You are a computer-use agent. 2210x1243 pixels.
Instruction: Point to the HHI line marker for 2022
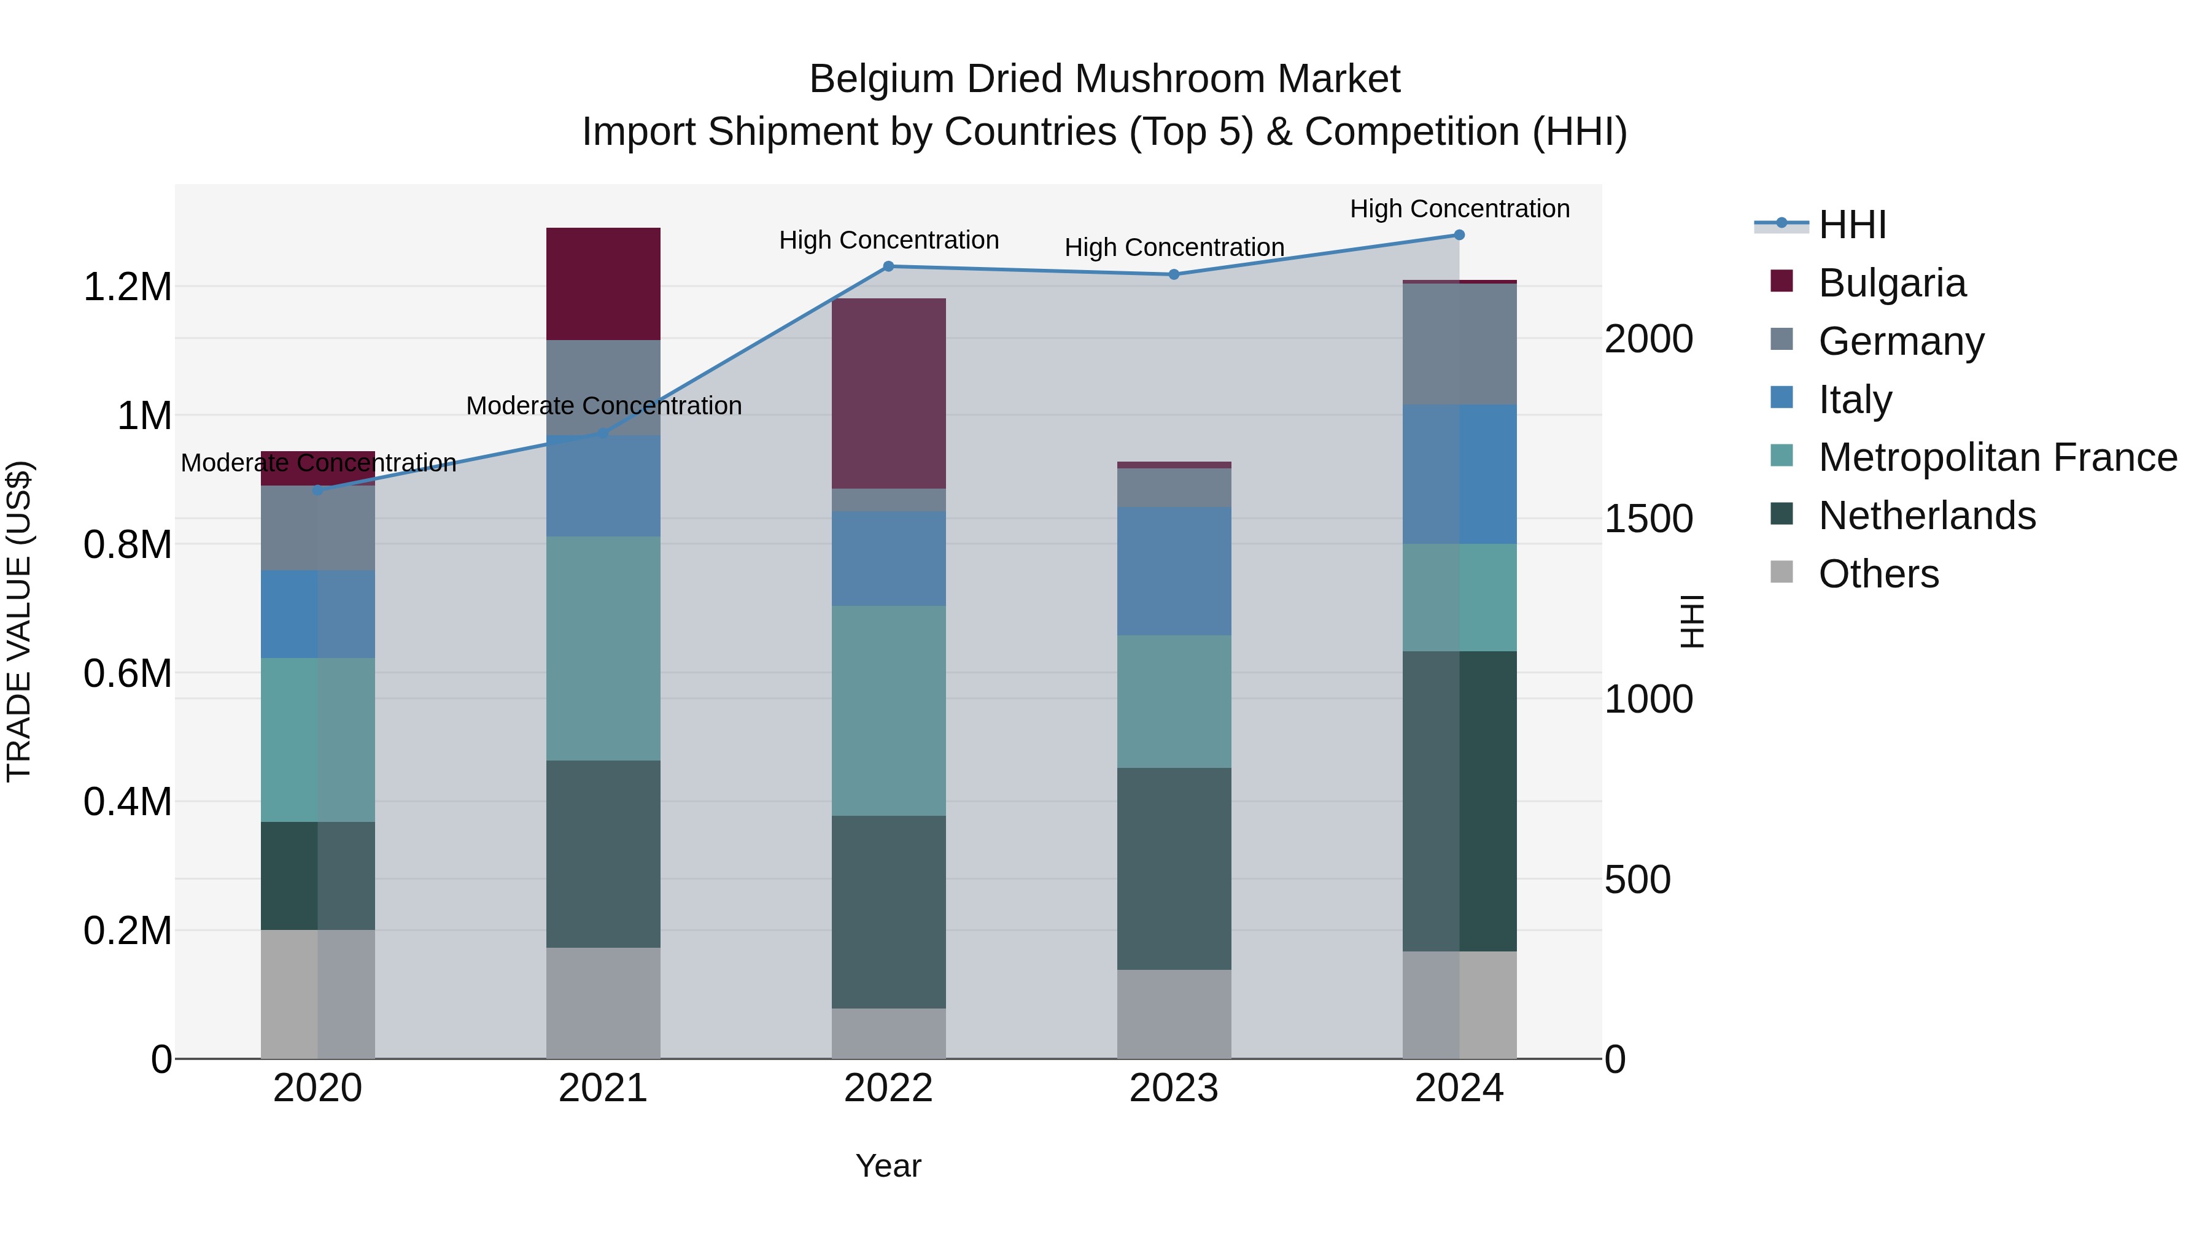point(889,267)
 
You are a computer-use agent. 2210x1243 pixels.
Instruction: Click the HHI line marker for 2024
point(1459,235)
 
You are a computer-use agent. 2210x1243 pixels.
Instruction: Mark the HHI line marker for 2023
point(1174,274)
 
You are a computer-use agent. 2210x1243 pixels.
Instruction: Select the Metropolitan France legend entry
point(1997,457)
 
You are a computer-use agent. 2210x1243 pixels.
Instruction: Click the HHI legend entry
point(1851,225)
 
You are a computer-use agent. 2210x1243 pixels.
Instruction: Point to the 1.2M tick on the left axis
point(127,287)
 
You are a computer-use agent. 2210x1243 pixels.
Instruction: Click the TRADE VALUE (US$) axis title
point(19,621)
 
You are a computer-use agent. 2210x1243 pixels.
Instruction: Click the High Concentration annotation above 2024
point(1459,209)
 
